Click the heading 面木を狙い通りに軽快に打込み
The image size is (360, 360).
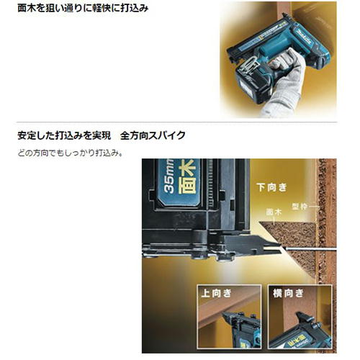point(83,8)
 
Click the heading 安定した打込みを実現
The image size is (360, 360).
point(64,135)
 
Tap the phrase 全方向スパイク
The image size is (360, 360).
point(153,135)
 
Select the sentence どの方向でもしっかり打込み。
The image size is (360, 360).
point(70,153)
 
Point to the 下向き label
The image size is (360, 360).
point(271,187)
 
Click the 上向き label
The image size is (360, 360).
point(217,293)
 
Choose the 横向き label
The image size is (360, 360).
point(288,293)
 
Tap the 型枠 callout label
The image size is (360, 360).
point(300,206)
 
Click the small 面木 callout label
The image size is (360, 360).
point(274,212)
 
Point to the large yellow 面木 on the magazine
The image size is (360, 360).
point(187,177)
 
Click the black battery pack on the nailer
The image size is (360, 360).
point(253,84)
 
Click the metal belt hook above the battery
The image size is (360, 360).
point(248,66)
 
